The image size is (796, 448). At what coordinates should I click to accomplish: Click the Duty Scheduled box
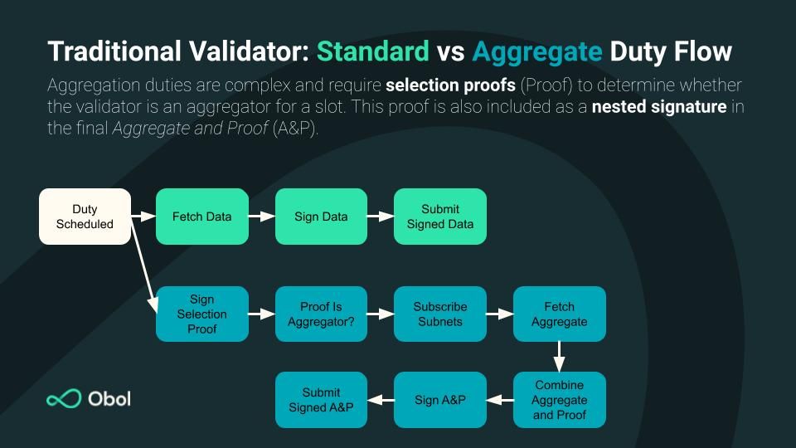pyautogui.click(x=85, y=217)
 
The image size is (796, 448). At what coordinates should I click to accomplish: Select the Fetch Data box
pyautogui.click(x=202, y=217)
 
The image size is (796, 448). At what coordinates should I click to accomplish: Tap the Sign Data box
pyautogui.click(x=321, y=217)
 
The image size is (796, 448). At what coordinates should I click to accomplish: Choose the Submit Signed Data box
pyautogui.click(x=440, y=217)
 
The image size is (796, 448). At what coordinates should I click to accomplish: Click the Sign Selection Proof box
pyautogui.click(x=202, y=314)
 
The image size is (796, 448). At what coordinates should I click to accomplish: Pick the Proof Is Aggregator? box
pyautogui.click(x=321, y=314)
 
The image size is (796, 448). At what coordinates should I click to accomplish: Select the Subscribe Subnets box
pyautogui.click(x=440, y=314)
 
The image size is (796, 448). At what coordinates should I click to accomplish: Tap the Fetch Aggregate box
pyautogui.click(x=560, y=314)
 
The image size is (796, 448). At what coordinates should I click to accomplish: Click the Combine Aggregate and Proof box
pyautogui.click(x=560, y=400)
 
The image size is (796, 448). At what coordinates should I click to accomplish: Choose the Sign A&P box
pyautogui.click(x=440, y=400)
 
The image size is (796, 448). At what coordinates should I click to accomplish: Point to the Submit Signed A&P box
pyautogui.click(x=321, y=400)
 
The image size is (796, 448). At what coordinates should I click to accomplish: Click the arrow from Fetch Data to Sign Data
pyautogui.click(x=262, y=217)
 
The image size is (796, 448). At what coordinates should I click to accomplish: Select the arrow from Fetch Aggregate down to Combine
pyautogui.click(x=560, y=357)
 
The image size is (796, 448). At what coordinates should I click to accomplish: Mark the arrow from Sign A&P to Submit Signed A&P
pyautogui.click(x=381, y=400)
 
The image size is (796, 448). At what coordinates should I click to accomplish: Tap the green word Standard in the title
pyautogui.click(x=372, y=51)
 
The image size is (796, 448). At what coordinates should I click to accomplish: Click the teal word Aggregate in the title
pyautogui.click(x=536, y=51)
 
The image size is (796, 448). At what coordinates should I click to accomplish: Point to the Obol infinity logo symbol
pyautogui.click(x=63, y=399)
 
